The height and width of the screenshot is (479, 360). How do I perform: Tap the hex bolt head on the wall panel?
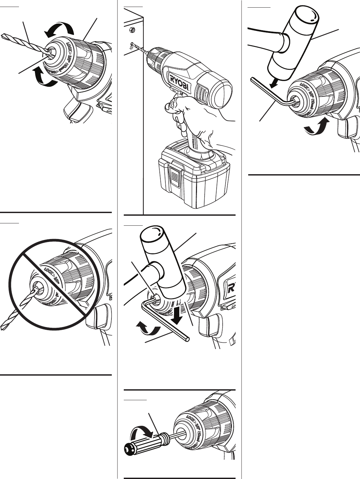pos(132,30)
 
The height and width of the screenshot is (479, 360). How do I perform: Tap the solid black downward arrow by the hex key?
pos(177,314)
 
